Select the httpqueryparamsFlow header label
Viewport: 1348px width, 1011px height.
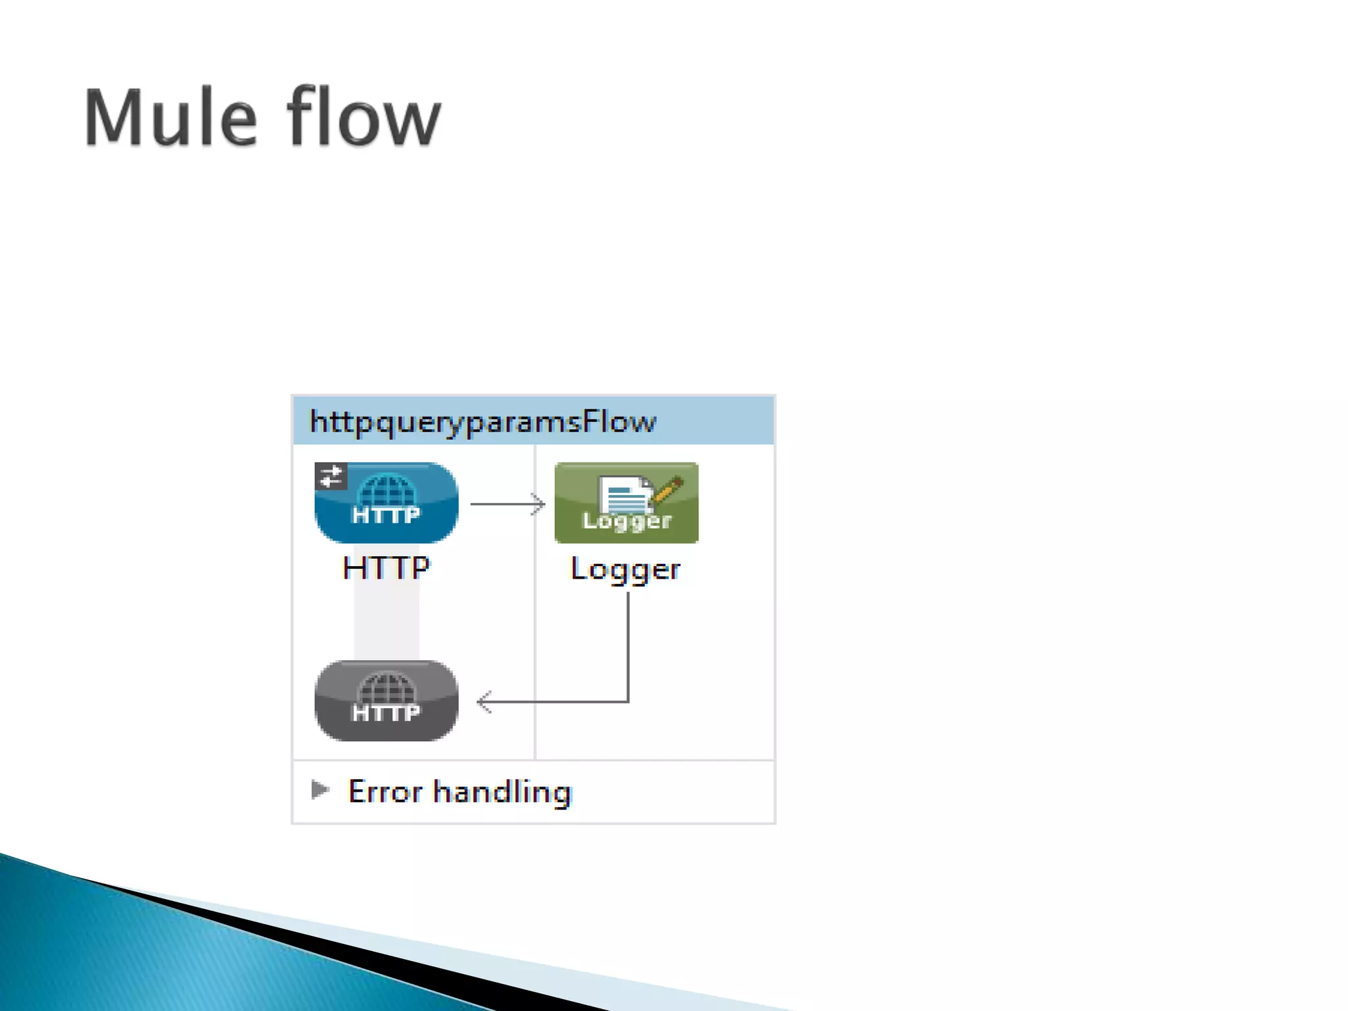482,421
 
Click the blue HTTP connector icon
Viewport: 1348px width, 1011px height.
386,503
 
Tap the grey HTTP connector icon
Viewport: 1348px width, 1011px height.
386,701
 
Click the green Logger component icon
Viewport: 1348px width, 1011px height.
626,503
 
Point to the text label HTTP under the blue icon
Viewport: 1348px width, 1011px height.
386,567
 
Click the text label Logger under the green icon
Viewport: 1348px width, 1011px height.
625,569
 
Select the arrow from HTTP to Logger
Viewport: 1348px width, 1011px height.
507,504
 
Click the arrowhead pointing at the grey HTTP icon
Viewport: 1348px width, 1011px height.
484,702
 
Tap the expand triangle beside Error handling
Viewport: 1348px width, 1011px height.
320,789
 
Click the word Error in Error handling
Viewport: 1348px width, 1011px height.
385,791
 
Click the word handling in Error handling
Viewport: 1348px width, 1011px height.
502,792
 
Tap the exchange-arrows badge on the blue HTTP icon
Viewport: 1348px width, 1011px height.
330,476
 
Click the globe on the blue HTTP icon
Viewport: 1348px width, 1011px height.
386,490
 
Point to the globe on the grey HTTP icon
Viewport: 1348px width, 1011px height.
386,688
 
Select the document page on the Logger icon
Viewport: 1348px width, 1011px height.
624,495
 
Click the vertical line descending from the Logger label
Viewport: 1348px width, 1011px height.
628,645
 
